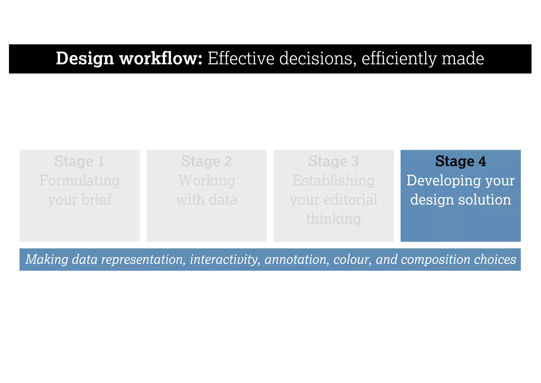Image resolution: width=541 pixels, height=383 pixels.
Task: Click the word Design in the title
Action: pos(85,58)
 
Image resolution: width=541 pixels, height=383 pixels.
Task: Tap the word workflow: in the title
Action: pos(161,58)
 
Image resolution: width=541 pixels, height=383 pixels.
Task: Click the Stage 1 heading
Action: pos(79,161)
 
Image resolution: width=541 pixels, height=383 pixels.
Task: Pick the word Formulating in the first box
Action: pos(80,181)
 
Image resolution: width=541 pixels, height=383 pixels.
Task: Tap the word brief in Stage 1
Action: pos(96,199)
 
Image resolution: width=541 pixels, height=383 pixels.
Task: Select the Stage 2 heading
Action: pos(206,161)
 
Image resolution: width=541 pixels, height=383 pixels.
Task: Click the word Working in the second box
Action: pos(207,181)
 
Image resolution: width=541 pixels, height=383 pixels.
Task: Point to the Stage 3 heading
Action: pos(333,161)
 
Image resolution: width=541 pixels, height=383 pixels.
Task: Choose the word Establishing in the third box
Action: pos(333,181)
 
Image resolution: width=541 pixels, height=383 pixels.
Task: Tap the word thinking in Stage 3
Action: pos(333,219)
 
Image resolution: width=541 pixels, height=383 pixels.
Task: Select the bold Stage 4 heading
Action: pos(460,161)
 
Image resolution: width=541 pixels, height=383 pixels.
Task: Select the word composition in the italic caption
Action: pos(435,259)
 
